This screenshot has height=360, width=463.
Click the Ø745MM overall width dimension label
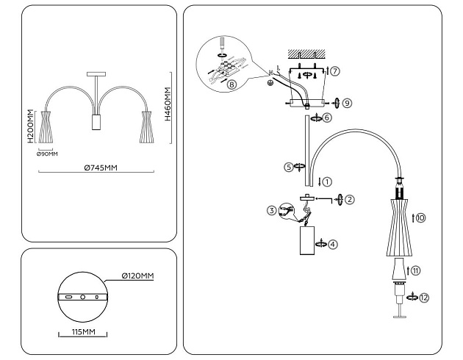100,168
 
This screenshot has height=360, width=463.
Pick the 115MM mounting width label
83,332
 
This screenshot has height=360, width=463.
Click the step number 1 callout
328,180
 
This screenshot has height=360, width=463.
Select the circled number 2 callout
350,199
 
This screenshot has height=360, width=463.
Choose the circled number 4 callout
333,243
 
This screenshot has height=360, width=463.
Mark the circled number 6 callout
328,117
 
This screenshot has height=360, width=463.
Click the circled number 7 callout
335,71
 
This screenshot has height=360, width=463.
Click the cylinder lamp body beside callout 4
307,242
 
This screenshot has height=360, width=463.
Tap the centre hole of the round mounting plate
83,298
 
